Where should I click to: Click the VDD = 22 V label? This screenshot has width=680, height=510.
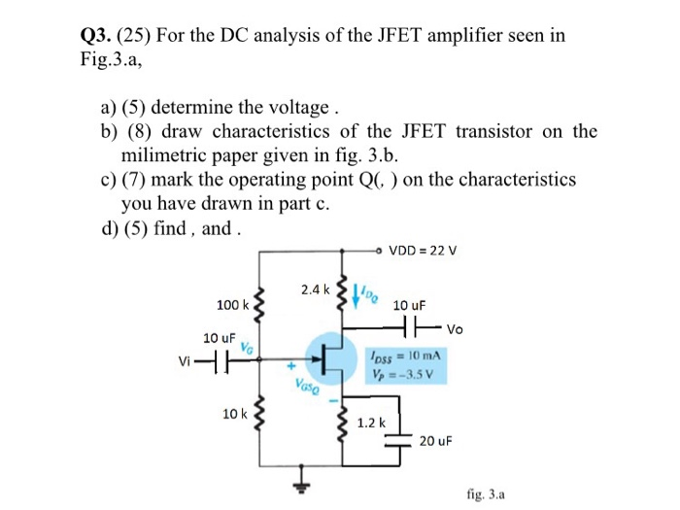pos(423,250)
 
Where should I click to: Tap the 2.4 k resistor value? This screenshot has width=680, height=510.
pos(315,289)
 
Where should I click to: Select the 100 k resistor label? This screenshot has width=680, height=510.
pos(233,305)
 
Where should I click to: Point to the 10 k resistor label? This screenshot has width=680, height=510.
pos(234,414)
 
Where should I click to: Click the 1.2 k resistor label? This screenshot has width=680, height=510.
pos(372,423)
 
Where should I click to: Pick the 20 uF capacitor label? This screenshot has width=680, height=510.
pos(435,440)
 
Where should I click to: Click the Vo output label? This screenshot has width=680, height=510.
pos(456,328)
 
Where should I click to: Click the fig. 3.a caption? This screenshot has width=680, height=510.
pos(486,493)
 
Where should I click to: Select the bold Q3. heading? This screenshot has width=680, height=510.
pos(97,36)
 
